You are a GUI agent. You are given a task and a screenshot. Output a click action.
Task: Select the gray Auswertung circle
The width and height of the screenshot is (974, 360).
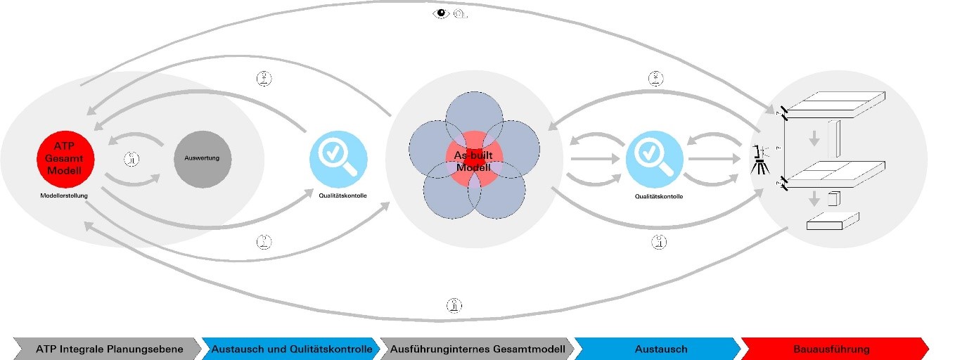pyautogui.click(x=203, y=159)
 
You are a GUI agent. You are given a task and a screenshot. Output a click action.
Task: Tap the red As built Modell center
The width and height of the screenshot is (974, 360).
pyautogui.click(x=473, y=160)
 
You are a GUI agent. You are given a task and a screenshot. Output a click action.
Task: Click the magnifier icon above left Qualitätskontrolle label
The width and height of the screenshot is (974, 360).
pyautogui.click(x=339, y=159)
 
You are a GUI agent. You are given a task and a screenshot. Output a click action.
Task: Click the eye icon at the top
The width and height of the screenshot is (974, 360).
pyautogui.click(x=441, y=13)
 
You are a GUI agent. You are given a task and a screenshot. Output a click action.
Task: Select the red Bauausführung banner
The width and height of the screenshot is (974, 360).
pyautogui.click(x=831, y=349)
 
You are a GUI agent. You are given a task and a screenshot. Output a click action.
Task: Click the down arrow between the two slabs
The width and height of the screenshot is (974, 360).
pyautogui.click(x=814, y=139)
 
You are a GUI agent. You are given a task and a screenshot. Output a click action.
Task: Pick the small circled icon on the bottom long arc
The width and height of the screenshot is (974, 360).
pyautogui.click(x=454, y=304)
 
